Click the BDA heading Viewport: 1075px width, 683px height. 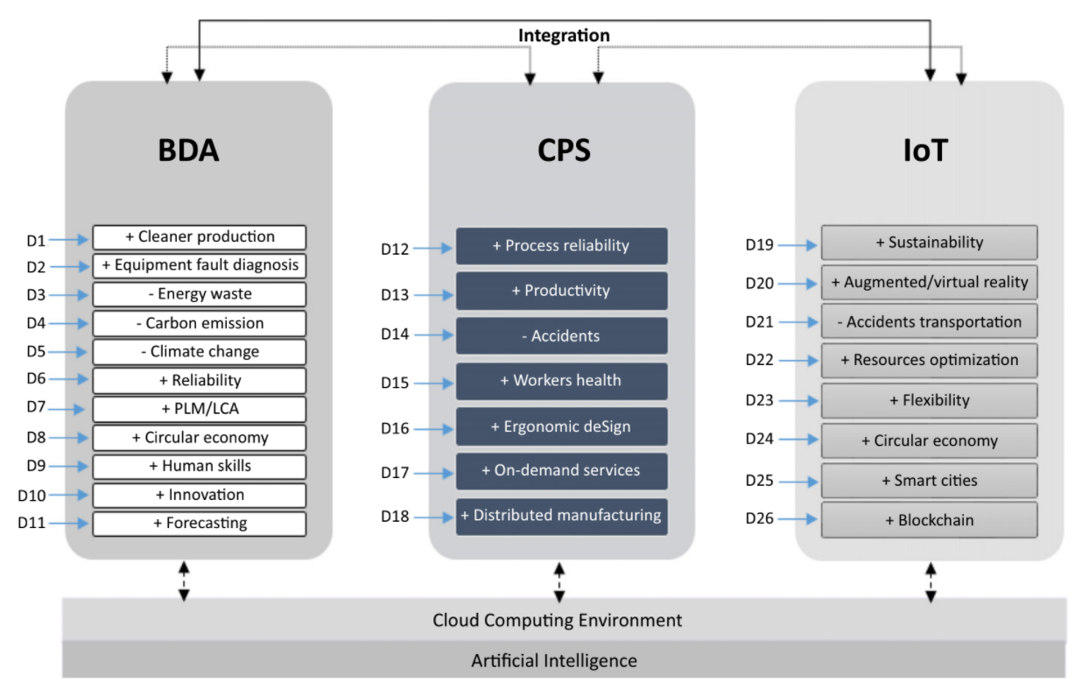188,151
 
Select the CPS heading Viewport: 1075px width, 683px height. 564,151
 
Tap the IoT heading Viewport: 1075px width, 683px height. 925,151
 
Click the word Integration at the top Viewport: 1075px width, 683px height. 564,35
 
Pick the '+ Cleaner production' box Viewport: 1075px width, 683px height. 200,237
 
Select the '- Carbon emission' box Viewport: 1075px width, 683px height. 200,323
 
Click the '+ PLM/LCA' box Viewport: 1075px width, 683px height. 200,409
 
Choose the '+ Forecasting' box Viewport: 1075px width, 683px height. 200,524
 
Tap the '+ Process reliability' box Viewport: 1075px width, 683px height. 561,246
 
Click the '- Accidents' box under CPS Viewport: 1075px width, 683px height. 561,335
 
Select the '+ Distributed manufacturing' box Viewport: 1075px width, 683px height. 561,517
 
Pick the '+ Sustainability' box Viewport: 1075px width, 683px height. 929,243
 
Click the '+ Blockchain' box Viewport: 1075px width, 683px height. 929,520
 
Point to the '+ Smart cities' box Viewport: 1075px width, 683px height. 929,481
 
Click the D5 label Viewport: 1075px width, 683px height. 36,352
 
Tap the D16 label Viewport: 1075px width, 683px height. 395,428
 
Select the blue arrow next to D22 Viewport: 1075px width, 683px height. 798,361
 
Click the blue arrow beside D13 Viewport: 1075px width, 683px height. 433,295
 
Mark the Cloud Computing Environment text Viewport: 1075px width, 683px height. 557,620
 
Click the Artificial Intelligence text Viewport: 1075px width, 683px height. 554,661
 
